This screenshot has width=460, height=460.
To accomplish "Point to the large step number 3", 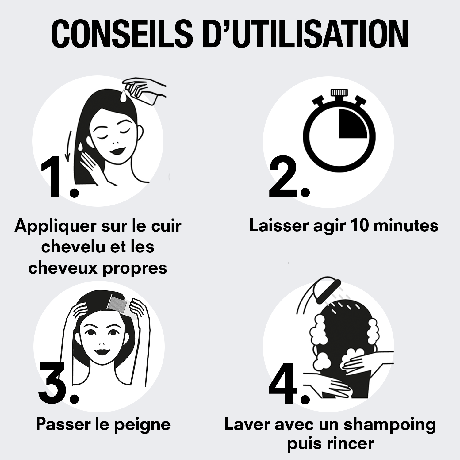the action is click(x=58, y=382).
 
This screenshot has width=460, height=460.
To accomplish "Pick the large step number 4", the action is click(x=289, y=382).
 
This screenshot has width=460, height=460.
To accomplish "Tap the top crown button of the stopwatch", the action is click(x=339, y=93).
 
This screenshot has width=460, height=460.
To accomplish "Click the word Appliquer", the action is click(x=56, y=226).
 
